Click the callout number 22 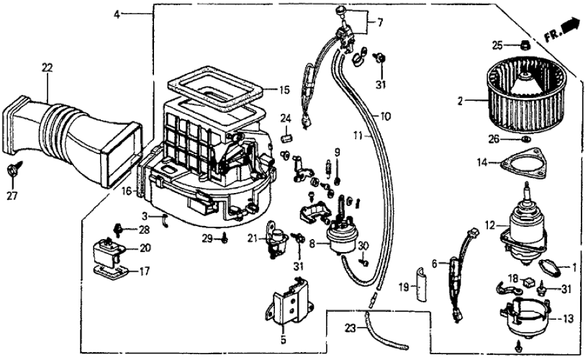(46, 67)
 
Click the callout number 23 (351, 330)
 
